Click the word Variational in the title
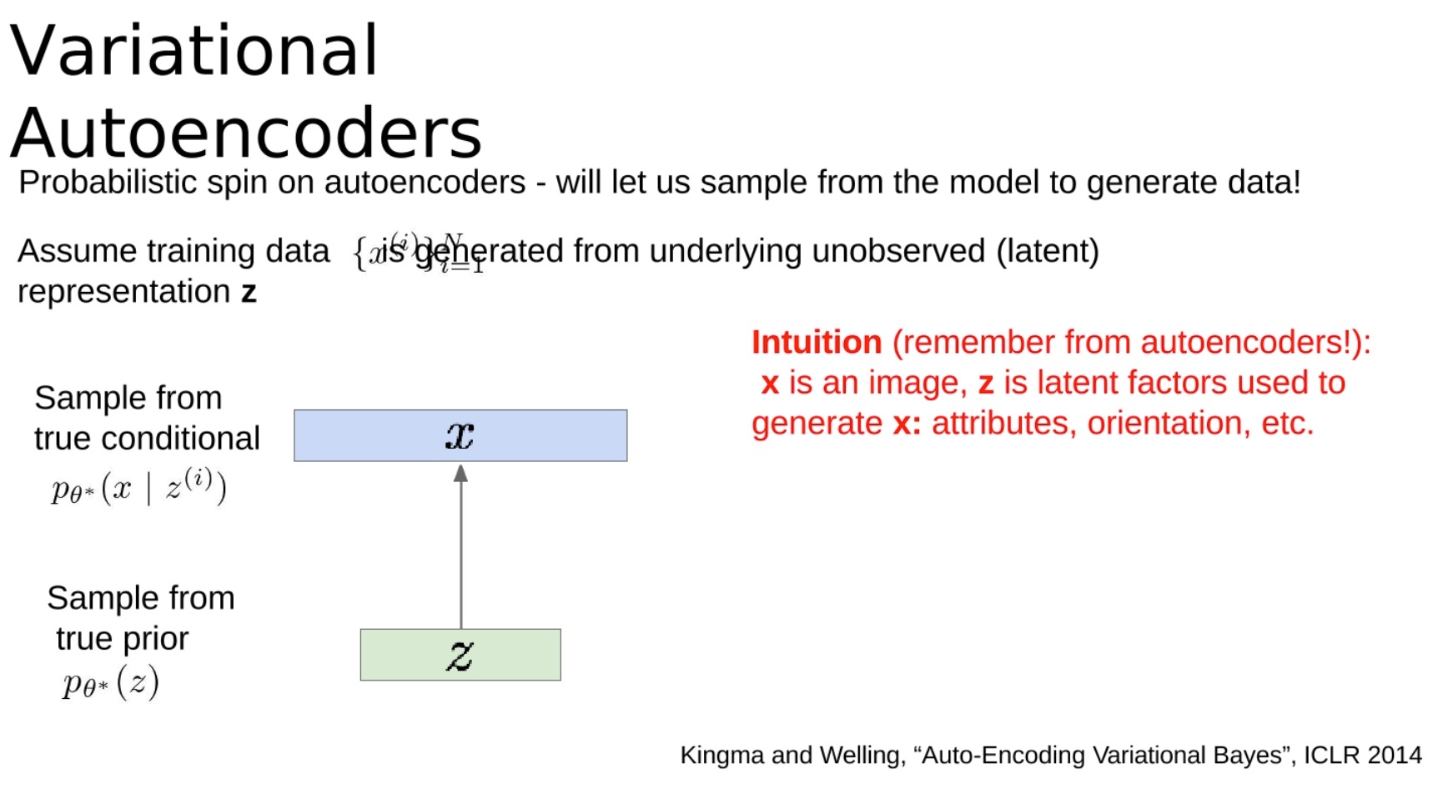(x=194, y=50)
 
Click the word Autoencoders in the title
(x=246, y=133)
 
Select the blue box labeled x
(x=460, y=435)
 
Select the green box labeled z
(x=460, y=655)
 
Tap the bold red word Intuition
(x=817, y=342)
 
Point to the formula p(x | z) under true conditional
(x=138, y=486)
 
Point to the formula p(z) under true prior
(x=110, y=683)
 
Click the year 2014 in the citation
(x=1395, y=755)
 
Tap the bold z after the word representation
(x=249, y=293)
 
